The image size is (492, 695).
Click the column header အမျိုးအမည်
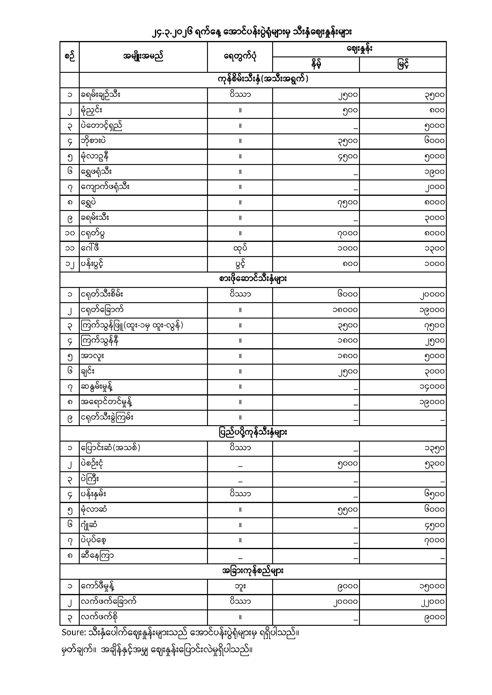[143, 57]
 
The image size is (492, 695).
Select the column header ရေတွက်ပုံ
[240, 57]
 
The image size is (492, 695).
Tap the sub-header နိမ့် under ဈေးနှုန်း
[316, 64]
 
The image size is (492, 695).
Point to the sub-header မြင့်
[403, 64]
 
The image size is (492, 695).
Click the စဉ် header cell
[69, 57]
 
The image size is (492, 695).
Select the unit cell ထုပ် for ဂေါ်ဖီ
[240, 248]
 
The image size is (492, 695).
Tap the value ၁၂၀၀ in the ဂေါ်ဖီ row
[434, 248]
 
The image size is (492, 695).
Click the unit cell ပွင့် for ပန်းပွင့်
[240, 264]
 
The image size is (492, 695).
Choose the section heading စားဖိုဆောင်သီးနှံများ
[253, 279]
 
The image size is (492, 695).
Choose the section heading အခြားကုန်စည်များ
[253, 571]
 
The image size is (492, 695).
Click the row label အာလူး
[92, 356]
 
